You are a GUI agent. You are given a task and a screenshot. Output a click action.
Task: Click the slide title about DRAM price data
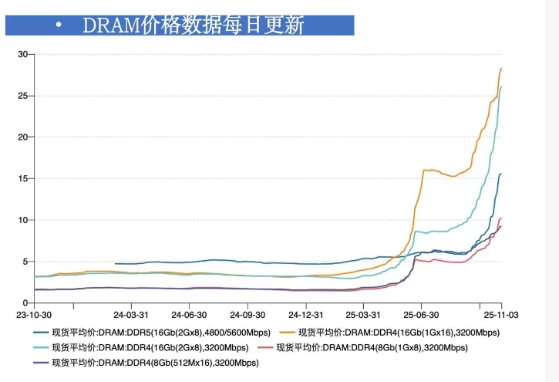(x=193, y=25)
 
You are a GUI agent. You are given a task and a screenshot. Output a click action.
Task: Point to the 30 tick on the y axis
(x=23, y=54)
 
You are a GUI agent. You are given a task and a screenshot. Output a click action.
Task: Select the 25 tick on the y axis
(x=23, y=96)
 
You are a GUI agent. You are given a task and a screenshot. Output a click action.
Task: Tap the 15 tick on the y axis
(x=23, y=178)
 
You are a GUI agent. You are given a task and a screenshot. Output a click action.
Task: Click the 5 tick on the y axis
(x=25, y=261)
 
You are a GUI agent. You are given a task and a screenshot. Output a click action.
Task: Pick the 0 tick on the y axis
(x=25, y=303)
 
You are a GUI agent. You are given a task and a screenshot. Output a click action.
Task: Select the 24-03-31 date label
(x=130, y=315)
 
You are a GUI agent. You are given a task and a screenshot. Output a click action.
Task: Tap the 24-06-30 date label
(x=189, y=315)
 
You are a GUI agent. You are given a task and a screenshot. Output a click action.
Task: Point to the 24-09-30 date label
(x=248, y=315)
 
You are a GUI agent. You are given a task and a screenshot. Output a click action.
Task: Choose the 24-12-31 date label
(x=306, y=315)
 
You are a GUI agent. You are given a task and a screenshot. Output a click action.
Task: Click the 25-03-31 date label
(x=363, y=315)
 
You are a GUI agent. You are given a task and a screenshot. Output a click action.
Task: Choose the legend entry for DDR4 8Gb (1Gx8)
(x=382, y=347)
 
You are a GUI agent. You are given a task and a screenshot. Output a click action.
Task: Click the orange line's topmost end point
(x=501, y=69)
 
